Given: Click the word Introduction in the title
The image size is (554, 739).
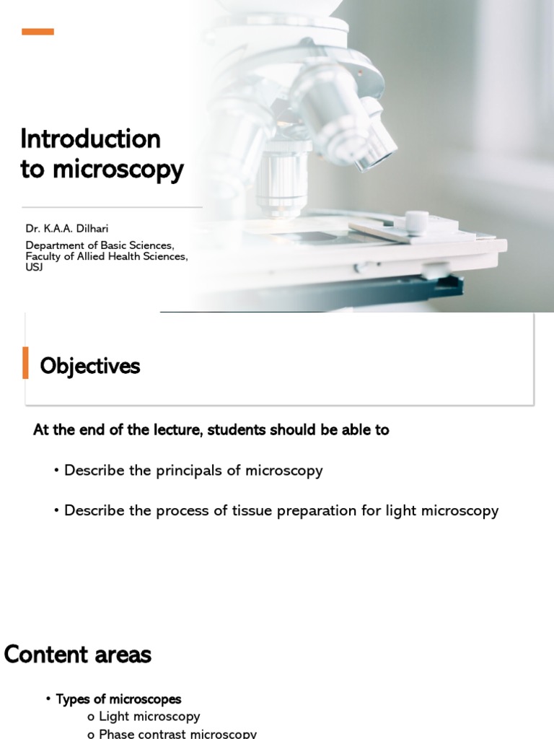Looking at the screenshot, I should [x=90, y=139].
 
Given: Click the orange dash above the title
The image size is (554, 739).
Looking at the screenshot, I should [x=38, y=32].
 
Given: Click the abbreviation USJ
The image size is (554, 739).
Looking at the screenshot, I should [x=34, y=267].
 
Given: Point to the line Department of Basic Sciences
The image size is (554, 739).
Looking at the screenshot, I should [x=100, y=245].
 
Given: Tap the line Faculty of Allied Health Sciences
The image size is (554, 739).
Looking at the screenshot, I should [x=107, y=256].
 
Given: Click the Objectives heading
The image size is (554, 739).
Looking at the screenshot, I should [x=90, y=367].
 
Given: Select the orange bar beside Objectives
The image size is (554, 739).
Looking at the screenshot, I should [x=26, y=362].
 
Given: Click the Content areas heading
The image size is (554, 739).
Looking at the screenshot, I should [x=78, y=655].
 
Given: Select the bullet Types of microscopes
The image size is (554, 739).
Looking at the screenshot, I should [x=118, y=699].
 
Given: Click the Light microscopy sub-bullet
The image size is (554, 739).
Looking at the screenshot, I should [x=149, y=717].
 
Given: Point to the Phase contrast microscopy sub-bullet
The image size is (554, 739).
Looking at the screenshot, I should [x=177, y=733].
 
